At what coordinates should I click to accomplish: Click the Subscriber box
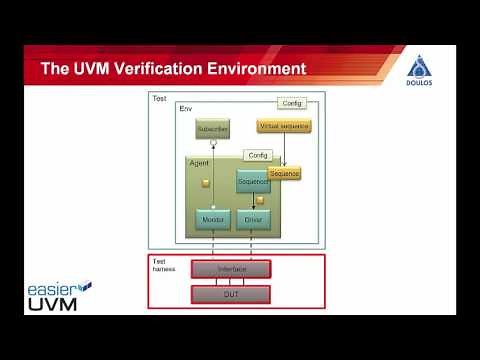click(212, 128)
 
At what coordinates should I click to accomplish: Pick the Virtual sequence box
click(284, 126)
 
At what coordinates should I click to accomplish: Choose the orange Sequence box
click(284, 173)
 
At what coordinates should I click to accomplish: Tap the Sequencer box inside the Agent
click(252, 181)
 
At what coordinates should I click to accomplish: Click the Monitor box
click(212, 218)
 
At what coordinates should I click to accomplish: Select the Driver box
click(253, 218)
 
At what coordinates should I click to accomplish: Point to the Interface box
click(231, 269)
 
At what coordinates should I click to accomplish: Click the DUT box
click(231, 293)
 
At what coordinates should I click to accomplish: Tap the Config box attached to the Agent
click(258, 155)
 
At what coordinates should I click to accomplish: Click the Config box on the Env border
click(292, 103)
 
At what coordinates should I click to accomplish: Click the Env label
click(185, 107)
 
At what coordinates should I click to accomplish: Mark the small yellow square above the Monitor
click(206, 183)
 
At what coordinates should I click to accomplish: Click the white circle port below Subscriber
click(212, 144)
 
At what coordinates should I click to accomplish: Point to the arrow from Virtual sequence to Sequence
click(284, 150)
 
